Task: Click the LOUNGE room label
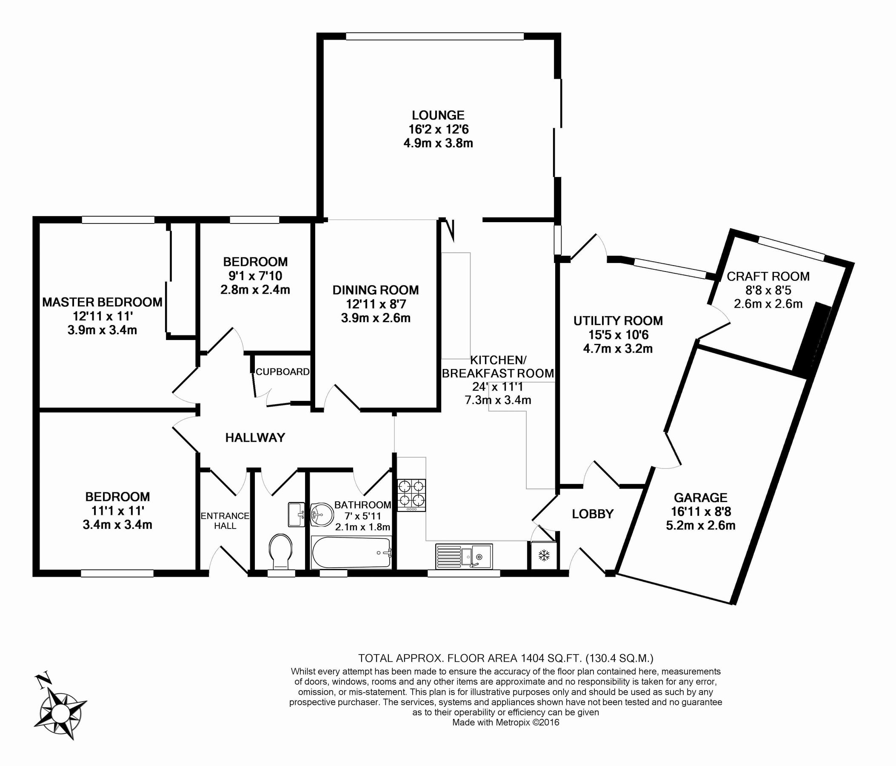[438, 115]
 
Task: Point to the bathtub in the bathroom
[351, 553]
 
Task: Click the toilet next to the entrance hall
[280, 551]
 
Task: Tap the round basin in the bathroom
[321, 514]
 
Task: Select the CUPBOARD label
[282, 372]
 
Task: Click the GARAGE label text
[701, 497]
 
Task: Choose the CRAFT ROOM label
[768, 276]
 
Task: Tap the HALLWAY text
[255, 438]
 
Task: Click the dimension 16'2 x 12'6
[439, 129]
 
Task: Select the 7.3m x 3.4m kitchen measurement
[498, 400]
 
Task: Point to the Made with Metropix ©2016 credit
[505, 722]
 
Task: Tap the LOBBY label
[592, 514]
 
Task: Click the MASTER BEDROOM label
[102, 302]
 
